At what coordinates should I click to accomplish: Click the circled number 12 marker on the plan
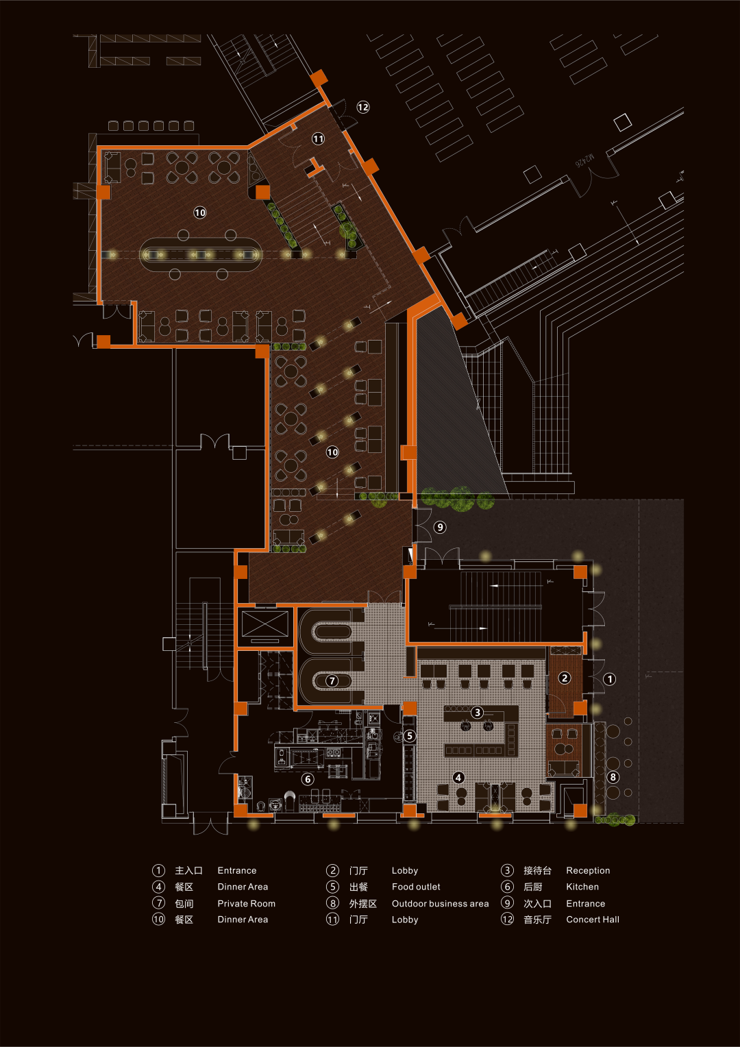(x=363, y=107)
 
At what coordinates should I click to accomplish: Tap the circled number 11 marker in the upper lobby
(x=319, y=138)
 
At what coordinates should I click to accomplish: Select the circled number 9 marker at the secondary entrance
(x=441, y=527)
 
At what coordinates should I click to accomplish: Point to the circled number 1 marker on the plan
(x=610, y=679)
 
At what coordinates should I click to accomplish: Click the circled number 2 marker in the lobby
(x=565, y=678)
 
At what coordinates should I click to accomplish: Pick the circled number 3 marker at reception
(x=478, y=712)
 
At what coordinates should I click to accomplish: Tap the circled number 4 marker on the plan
(x=458, y=777)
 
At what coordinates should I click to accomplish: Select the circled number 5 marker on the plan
(x=410, y=736)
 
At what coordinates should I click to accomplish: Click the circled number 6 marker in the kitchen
(x=308, y=779)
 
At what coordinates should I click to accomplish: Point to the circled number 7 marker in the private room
(x=332, y=680)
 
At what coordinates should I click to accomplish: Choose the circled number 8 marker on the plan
(x=613, y=777)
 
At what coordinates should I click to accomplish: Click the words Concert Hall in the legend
(x=592, y=920)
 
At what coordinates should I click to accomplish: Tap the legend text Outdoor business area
(x=440, y=904)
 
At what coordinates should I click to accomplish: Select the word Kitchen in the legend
(x=582, y=887)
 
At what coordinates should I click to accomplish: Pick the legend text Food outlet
(x=416, y=887)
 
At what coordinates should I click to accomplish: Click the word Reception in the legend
(x=587, y=870)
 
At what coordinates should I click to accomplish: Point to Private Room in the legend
(x=246, y=904)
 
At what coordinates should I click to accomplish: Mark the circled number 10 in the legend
(x=158, y=920)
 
